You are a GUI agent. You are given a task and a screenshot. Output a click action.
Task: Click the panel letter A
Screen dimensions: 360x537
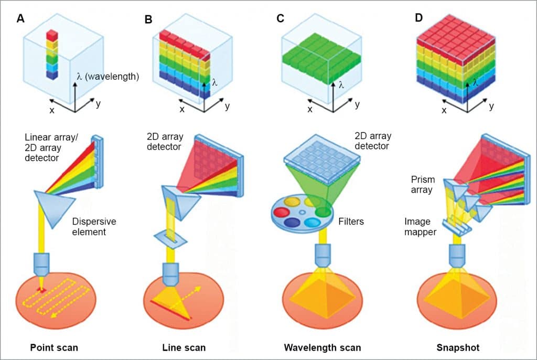point(20,19)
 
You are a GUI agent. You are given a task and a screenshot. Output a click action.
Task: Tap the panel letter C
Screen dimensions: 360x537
point(280,19)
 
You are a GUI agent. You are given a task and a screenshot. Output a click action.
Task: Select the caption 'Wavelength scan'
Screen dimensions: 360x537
point(322,347)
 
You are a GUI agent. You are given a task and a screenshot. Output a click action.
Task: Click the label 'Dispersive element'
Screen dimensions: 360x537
point(94,227)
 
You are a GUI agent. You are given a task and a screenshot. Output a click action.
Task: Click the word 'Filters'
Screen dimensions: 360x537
point(351,221)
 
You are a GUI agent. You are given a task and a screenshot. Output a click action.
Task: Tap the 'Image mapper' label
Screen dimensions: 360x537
point(420,227)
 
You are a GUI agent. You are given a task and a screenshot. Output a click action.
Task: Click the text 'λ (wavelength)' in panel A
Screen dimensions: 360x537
point(107,77)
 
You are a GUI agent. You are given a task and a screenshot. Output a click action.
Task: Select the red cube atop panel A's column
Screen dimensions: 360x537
point(52,35)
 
